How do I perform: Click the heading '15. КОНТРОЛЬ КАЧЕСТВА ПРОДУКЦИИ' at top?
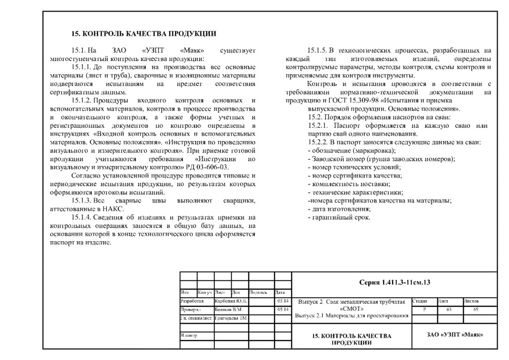click(144, 34)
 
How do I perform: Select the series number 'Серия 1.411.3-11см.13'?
click(394, 282)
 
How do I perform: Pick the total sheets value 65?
click(476, 309)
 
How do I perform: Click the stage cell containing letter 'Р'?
click(424, 309)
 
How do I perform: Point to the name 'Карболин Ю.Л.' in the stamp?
click(231, 301)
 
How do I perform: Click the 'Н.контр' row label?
click(189, 336)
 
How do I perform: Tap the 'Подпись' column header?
click(259, 292)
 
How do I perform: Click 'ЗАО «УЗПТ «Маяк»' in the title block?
click(455, 335)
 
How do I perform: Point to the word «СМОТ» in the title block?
click(352, 308)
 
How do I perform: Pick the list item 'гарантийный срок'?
click(339, 217)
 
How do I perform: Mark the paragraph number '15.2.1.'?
click(319, 125)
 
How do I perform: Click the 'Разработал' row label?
click(192, 301)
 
